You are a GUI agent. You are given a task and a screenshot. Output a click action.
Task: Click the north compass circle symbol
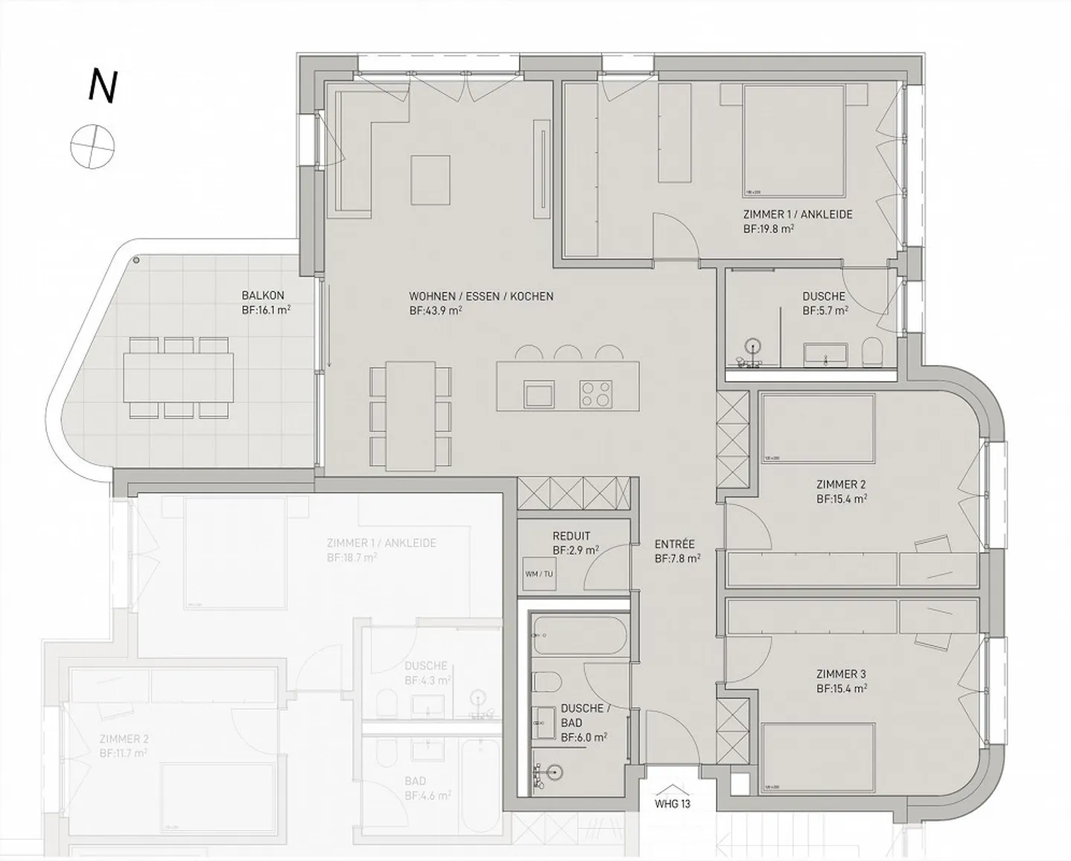[x=93, y=146]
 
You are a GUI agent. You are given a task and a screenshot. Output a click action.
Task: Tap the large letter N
[x=102, y=86]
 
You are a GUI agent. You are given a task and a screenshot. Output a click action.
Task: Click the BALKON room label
[x=263, y=295]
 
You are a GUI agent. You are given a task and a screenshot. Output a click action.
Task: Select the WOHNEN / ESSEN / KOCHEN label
[x=480, y=297]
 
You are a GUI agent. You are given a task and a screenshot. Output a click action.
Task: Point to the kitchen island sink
[x=538, y=393]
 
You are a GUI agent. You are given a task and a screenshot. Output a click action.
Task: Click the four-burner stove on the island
[x=595, y=393]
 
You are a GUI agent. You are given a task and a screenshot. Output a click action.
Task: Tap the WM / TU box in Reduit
[x=538, y=573]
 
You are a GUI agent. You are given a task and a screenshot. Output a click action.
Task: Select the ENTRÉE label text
[x=675, y=544]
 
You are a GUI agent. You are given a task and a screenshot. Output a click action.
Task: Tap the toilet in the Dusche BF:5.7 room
[x=872, y=352]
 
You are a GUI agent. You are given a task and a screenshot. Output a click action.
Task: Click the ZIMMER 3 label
[x=840, y=674]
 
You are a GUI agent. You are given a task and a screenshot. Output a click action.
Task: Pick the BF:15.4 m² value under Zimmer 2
[x=841, y=500]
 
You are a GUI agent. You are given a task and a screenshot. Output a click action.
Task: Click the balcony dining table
[x=178, y=378]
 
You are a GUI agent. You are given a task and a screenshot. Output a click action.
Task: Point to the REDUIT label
[x=571, y=536]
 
